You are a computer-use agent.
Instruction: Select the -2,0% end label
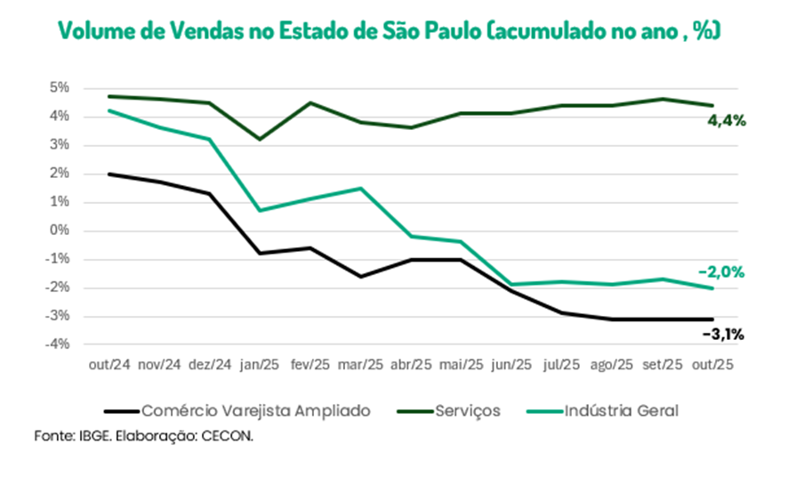[721, 271]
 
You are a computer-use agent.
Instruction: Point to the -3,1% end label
[722, 335]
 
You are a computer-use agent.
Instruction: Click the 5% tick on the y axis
[59, 88]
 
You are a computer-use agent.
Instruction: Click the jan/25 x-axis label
[259, 365]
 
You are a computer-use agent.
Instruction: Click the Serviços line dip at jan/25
[259, 139]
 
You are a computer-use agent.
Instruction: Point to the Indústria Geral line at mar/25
[360, 188]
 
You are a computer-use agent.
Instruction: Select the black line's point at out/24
[108, 174]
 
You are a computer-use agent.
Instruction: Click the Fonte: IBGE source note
[71, 436]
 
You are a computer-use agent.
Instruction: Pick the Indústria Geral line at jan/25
[259, 210]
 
